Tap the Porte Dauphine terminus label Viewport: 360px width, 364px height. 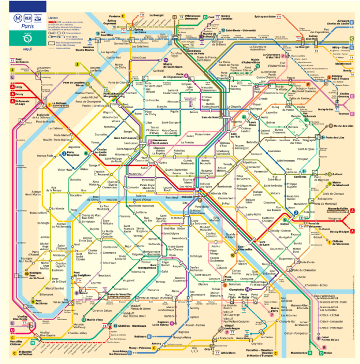tap(73, 153)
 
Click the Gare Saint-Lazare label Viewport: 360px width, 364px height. tap(126, 138)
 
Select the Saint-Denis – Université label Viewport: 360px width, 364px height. tap(241, 31)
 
